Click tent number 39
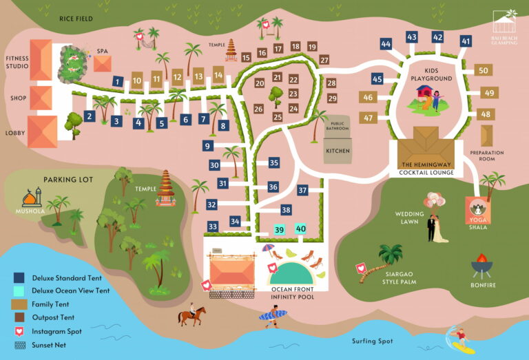click(279, 230)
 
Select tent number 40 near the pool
click(301, 229)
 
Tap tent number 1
click(118, 82)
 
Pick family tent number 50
click(483, 70)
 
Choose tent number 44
click(386, 44)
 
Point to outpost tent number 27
click(324, 60)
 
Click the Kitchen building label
click(338, 151)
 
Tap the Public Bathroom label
click(338, 125)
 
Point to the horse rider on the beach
click(191, 317)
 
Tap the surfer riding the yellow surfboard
click(458, 340)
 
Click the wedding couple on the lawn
click(435, 229)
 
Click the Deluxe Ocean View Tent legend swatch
click(19, 291)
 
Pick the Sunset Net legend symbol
click(19, 344)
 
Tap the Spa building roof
click(103, 64)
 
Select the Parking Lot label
click(68, 180)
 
